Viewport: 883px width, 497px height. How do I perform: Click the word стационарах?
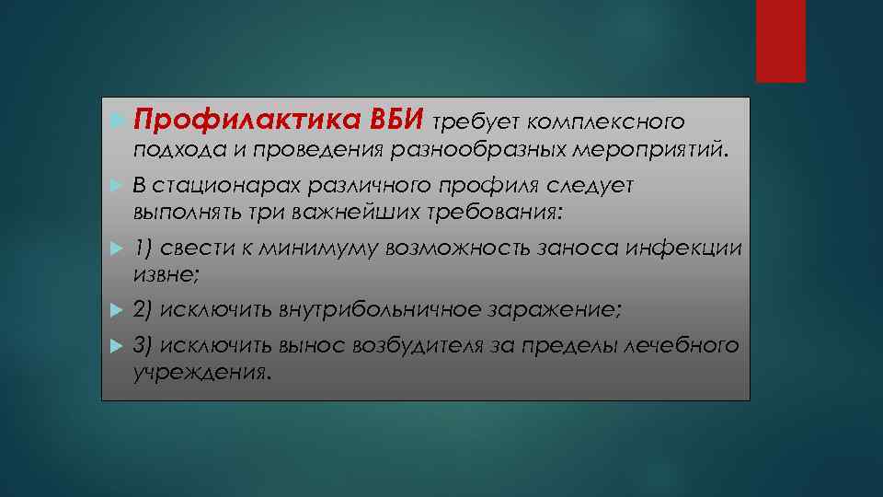tap(208, 185)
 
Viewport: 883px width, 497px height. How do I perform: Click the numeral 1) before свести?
tap(143, 249)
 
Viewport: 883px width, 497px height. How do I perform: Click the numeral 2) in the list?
tap(143, 310)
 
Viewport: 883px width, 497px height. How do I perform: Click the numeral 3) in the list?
tap(143, 345)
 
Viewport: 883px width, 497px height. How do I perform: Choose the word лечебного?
tap(682, 345)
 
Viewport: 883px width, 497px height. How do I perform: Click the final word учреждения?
tap(202, 373)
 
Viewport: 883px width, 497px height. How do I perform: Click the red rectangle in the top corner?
tap(781, 40)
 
